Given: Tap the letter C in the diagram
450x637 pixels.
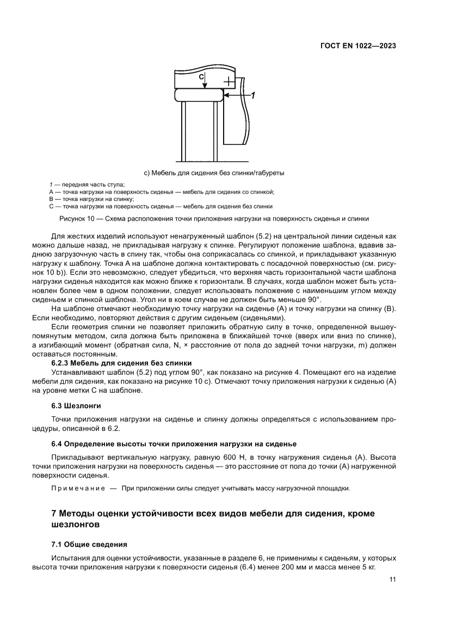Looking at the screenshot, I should [201, 77].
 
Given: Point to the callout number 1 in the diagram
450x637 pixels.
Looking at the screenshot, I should [252, 95].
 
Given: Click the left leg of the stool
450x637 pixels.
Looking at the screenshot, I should [183, 131].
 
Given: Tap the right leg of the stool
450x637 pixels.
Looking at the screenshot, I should [215, 131].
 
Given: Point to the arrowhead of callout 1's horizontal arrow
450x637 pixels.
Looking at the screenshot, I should [226, 95].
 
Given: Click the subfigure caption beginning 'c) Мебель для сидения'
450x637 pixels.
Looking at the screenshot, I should [214, 173].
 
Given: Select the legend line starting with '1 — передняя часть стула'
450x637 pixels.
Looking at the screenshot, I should [87, 185].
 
